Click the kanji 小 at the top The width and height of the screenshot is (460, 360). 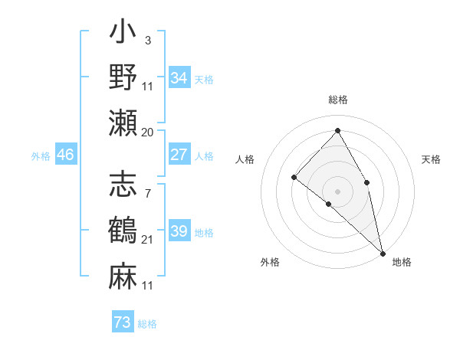[x=123, y=34]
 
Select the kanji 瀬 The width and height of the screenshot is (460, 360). [x=123, y=122]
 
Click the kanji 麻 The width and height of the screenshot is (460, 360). [x=123, y=275]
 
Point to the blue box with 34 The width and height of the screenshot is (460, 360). [x=179, y=78]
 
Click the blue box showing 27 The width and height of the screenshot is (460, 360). [x=179, y=155]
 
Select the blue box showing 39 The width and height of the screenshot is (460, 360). [x=179, y=231]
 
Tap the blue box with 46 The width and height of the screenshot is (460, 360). [x=66, y=155]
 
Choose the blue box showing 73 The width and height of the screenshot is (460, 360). [x=123, y=322]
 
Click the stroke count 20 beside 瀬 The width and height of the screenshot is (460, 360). [x=148, y=133]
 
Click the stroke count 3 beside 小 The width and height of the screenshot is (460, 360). [x=148, y=40]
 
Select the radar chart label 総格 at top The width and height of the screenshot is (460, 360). [x=338, y=100]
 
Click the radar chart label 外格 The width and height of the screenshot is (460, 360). [x=270, y=262]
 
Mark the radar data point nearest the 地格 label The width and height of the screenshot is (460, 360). [x=382, y=252]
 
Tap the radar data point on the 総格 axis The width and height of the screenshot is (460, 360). [x=338, y=130]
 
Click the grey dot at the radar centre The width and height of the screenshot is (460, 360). [x=338, y=191]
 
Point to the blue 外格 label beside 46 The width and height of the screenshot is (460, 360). [x=41, y=155]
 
